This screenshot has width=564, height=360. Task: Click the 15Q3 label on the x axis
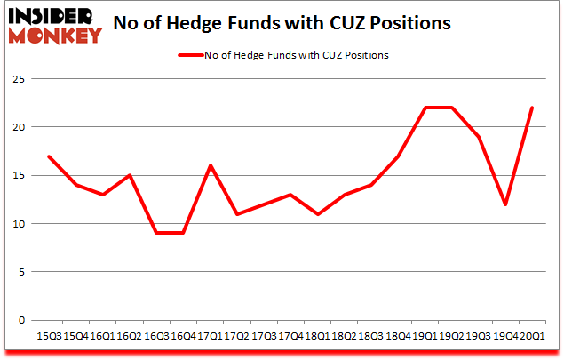click(x=48, y=336)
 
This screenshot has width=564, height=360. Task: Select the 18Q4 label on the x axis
click(x=396, y=336)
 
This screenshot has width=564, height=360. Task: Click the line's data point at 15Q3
click(x=48, y=156)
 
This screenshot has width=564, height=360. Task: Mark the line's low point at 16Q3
click(x=155, y=233)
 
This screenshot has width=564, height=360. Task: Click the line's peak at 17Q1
click(x=210, y=165)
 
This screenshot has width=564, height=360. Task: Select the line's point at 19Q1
click(x=424, y=108)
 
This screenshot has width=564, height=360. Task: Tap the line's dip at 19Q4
click(x=504, y=204)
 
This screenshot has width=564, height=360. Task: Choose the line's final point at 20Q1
click(x=531, y=108)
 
